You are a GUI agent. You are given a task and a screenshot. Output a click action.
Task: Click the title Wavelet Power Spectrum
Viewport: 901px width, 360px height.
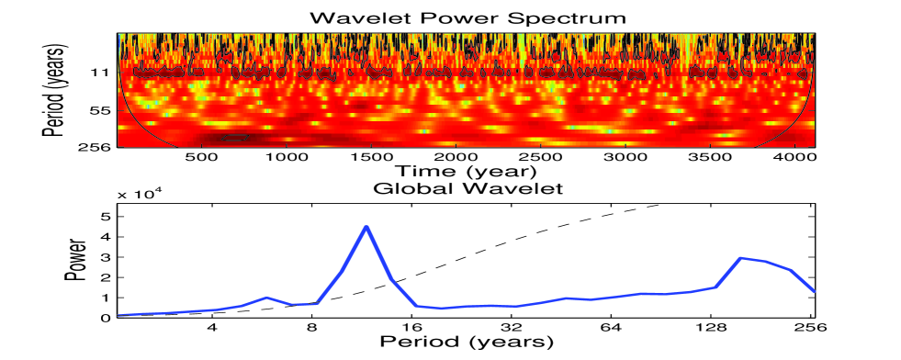[467, 17]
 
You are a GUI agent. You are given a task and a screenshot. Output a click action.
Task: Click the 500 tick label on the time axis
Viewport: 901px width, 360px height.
[201, 157]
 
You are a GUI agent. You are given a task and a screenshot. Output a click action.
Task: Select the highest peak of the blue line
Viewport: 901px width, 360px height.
[366, 226]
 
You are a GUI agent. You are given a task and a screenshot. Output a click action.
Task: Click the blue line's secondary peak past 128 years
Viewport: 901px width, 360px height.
[741, 258]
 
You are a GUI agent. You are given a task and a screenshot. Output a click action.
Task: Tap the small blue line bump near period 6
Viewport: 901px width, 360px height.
[266, 298]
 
